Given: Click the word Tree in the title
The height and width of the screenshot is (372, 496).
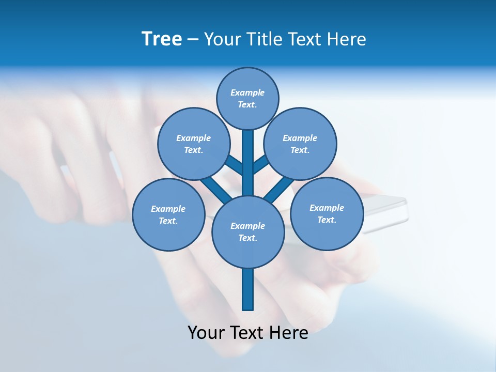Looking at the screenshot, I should pyautogui.click(x=162, y=39).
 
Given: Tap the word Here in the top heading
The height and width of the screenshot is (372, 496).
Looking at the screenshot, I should pyautogui.click(x=346, y=39).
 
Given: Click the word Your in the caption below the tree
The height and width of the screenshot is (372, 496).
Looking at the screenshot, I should pyautogui.click(x=206, y=333).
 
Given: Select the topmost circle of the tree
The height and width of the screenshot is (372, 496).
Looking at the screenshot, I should pyautogui.click(x=247, y=98).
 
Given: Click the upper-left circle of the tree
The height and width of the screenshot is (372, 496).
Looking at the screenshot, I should pyautogui.click(x=193, y=144).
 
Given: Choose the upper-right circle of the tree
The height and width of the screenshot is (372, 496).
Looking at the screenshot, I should pyautogui.click(x=300, y=144).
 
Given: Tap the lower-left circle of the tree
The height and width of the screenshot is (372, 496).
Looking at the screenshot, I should pyautogui.click(x=168, y=214).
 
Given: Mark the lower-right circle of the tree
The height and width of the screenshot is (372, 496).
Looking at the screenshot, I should pyautogui.click(x=327, y=213).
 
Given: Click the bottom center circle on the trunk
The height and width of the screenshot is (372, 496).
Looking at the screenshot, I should pyautogui.click(x=247, y=231).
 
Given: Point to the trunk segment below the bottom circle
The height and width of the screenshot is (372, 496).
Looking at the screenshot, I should pyautogui.click(x=247, y=289).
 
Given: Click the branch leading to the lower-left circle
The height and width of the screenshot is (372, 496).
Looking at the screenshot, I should pyautogui.click(x=216, y=189).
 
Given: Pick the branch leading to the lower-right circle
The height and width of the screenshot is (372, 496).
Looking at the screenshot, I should pyautogui.click(x=279, y=189).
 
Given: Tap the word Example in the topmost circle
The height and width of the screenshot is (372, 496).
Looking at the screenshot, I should pyautogui.click(x=247, y=93).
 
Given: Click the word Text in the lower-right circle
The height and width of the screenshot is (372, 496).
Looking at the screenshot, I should pyautogui.click(x=327, y=220).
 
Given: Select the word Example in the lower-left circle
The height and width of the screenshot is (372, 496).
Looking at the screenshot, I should pyautogui.click(x=168, y=209).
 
